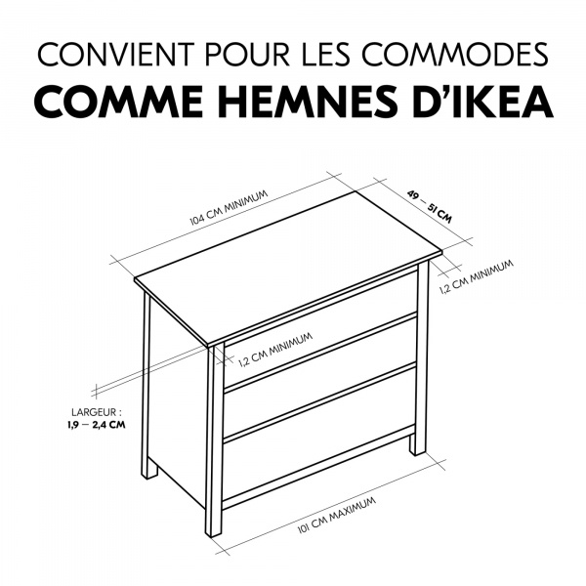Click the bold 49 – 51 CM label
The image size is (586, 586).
[429, 202]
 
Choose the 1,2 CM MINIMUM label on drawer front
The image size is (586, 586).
[275, 349]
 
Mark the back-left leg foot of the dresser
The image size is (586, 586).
[148, 469]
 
